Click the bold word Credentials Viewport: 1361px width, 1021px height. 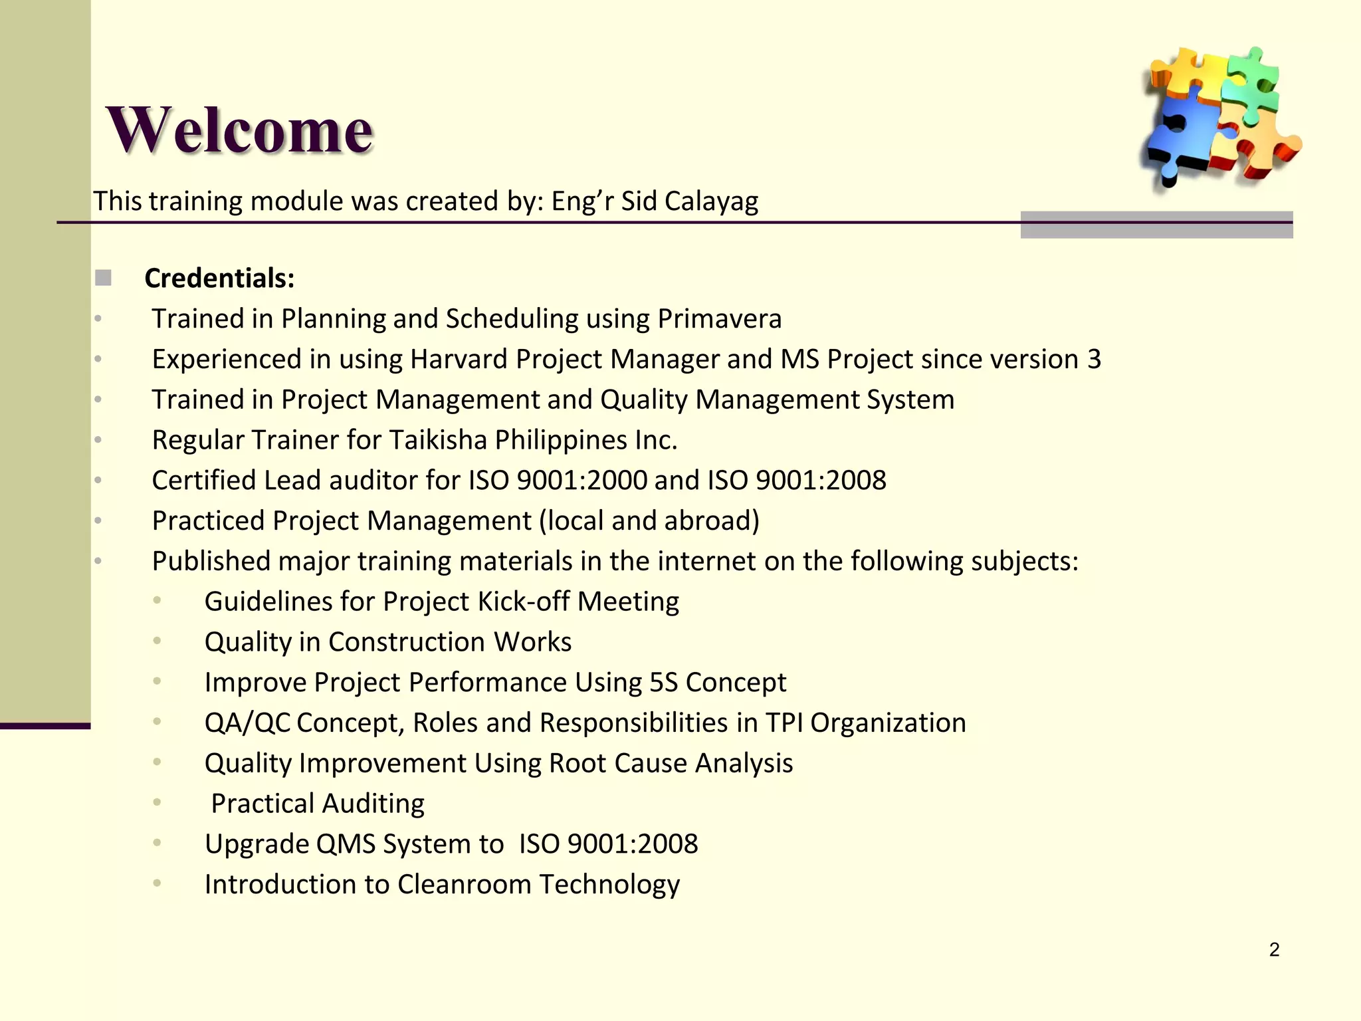tap(219, 279)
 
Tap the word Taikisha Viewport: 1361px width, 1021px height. tap(438, 440)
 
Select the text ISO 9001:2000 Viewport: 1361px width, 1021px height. tap(558, 481)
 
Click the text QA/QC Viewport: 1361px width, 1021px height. tap(247, 723)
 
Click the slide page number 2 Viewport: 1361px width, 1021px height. tap(1274, 950)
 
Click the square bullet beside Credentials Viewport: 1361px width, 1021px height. tap(103, 278)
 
